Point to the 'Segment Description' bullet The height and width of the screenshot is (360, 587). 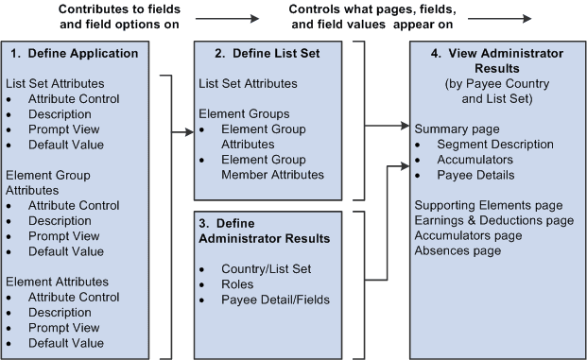coord(495,144)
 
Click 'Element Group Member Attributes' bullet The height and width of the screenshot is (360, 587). coord(274,166)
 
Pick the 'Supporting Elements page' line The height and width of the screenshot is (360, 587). coord(489,205)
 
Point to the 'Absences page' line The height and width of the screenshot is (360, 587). coord(458,250)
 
